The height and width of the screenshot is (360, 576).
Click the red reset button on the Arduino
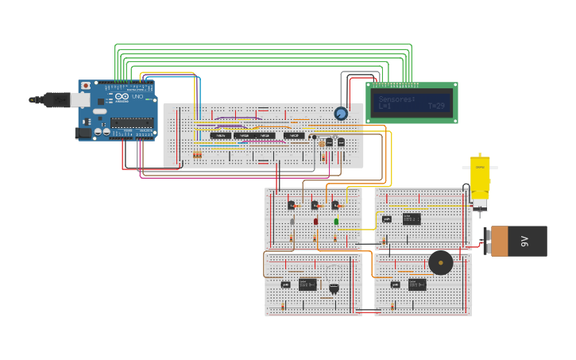(x=86, y=86)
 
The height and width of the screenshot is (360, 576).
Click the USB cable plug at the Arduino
(x=57, y=99)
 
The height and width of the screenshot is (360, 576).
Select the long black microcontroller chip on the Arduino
(x=132, y=122)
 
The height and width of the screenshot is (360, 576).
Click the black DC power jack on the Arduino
(x=83, y=134)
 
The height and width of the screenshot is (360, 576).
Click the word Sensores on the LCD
(x=396, y=99)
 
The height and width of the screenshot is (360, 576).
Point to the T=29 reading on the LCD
(x=436, y=106)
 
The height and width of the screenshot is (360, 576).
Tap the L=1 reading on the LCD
(x=385, y=106)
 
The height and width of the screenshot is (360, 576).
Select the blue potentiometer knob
(x=341, y=114)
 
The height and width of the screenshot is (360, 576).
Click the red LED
(x=315, y=221)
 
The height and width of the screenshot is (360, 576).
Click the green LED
(x=336, y=222)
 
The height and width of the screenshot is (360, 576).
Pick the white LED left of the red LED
(x=292, y=222)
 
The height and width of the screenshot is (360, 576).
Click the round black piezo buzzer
(x=440, y=262)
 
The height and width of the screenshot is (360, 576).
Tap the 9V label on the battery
(x=524, y=241)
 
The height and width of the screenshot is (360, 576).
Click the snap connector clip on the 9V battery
(x=488, y=241)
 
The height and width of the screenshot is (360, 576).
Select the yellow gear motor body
(x=480, y=177)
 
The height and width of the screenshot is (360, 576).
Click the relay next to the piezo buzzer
(x=417, y=284)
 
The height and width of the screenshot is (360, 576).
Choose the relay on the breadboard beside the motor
(x=412, y=219)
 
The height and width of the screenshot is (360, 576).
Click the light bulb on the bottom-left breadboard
(x=334, y=288)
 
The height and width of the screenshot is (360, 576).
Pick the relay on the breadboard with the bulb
(x=307, y=284)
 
